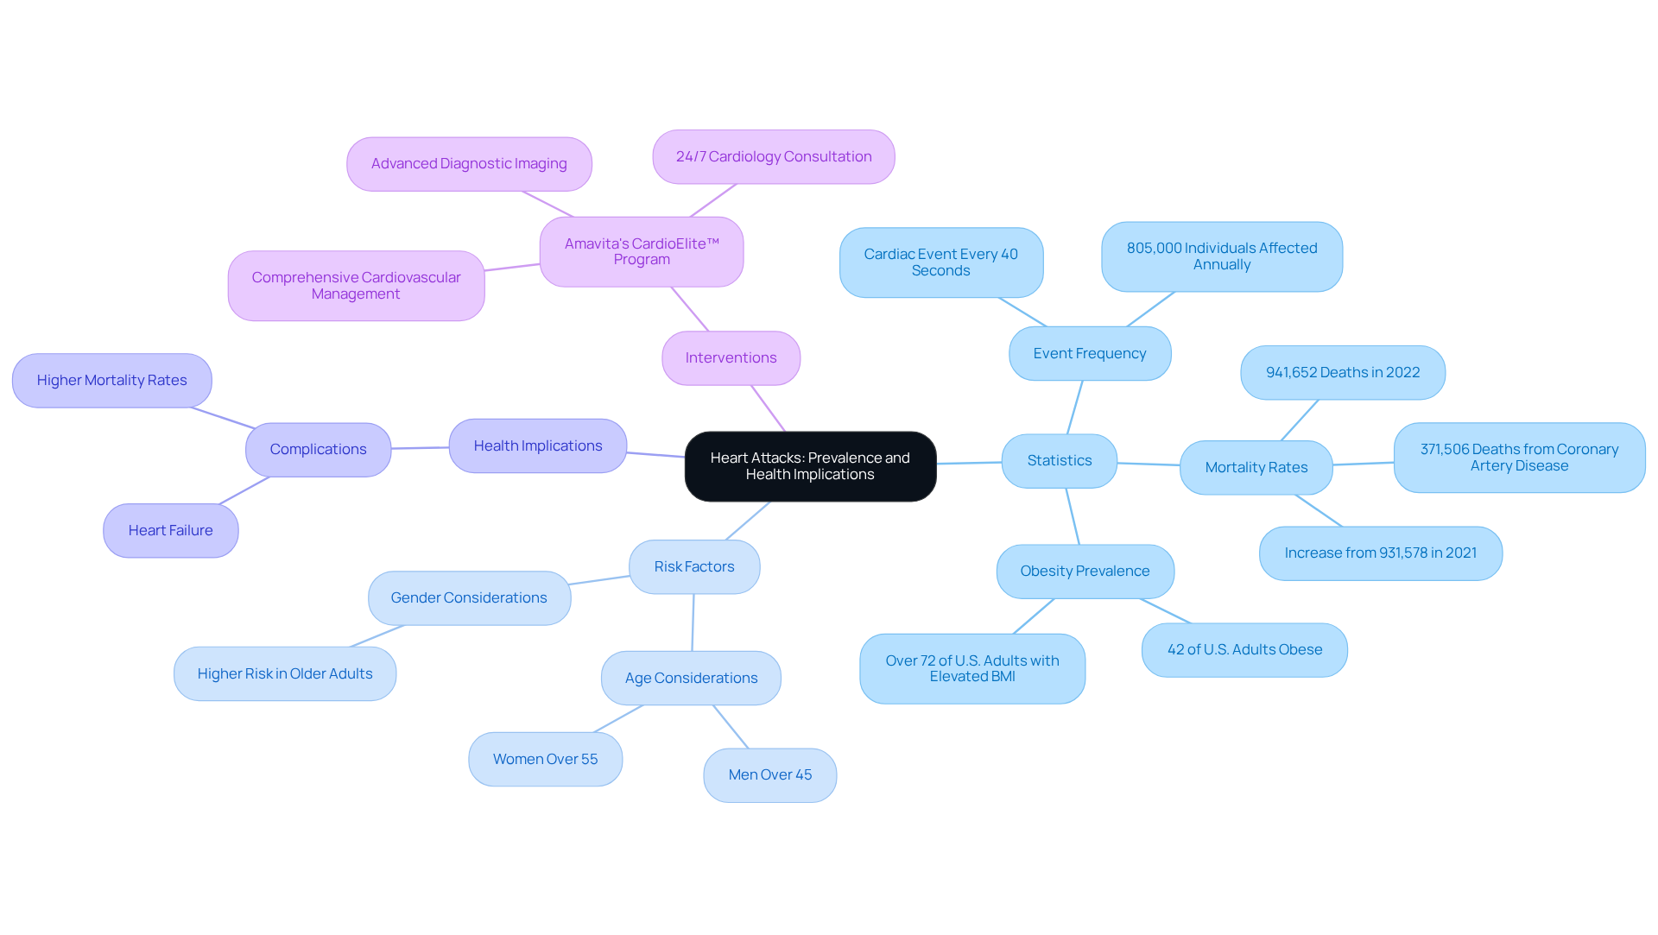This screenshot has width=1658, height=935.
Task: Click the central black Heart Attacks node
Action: pyautogui.click(x=810, y=466)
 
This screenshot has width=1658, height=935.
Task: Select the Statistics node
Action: pyautogui.click(x=1059, y=461)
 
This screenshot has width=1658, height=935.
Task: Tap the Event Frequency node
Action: pyautogui.click(x=1089, y=354)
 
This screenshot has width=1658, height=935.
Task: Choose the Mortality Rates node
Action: pyautogui.click(x=1256, y=468)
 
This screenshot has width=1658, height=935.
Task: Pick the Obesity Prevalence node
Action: pyautogui.click(x=1085, y=572)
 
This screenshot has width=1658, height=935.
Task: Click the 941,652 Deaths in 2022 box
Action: pyautogui.click(x=1342, y=373)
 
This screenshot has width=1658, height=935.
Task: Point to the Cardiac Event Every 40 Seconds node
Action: pyautogui.click(x=940, y=262)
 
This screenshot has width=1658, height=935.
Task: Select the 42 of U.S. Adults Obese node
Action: pyautogui.click(x=1243, y=650)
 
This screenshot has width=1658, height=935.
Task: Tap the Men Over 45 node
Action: pyautogui.click(x=769, y=775)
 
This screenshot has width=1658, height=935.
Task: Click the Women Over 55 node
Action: pyautogui.click(x=545, y=760)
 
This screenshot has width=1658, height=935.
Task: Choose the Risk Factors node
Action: pyautogui.click(x=693, y=567)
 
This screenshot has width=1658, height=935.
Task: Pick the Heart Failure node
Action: pyautogui.click(x=170, y=531)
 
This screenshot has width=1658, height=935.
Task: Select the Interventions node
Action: pyautogui.click(x=731, y=358)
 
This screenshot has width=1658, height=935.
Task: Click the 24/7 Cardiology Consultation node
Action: pyautogui.click(x=773, y=157)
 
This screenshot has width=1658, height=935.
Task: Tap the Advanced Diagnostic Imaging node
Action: pyautogui.click(x=469, y=164)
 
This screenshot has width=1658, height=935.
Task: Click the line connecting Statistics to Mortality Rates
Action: pyautogui.click(x=1149, y=464)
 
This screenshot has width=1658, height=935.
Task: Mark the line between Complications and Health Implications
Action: pyautogui.click(x=420, y=448)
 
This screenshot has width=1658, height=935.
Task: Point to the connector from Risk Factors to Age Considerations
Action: pyautogui.click(x=693, y=622)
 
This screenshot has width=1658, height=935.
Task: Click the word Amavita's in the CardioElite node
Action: pyautogui.click(x=592, y=244)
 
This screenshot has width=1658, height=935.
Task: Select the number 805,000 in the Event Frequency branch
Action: pyautogui.click(x=1154, y=249)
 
